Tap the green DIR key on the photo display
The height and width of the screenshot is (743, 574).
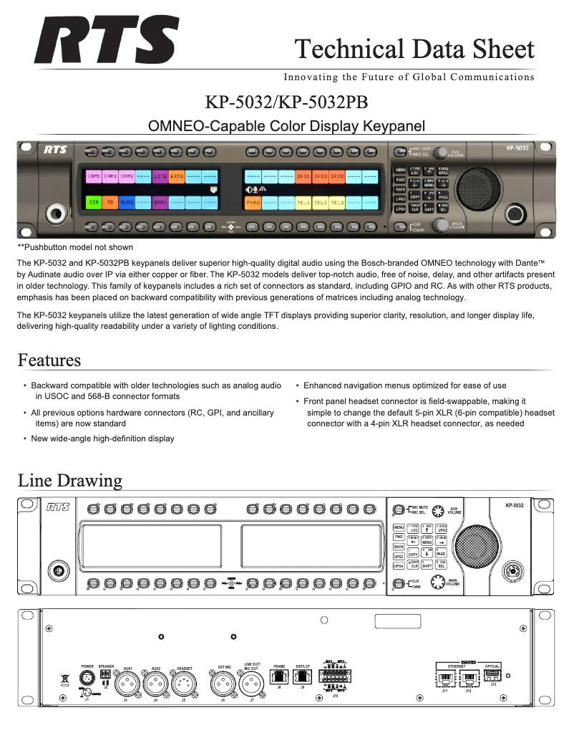click(x=94, y=203)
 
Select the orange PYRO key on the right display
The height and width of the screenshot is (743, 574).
click(x=253, y=203)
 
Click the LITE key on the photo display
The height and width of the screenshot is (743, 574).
click(x=160, y=176)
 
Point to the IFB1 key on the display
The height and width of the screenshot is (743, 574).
click(x=303, y=176)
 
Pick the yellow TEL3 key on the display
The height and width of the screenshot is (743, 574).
click(x=337, y=203)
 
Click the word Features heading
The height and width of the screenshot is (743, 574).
click(x=49, y=359)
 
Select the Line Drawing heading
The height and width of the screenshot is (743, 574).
click(x=70, y=479)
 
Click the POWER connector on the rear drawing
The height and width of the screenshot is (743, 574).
click(x=87, y=679)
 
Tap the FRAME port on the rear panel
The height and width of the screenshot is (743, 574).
click(x=278, y=677)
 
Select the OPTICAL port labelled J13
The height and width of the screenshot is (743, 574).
click(x=492, y=676)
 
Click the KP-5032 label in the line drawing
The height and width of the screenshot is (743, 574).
click(x=514, y=505)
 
